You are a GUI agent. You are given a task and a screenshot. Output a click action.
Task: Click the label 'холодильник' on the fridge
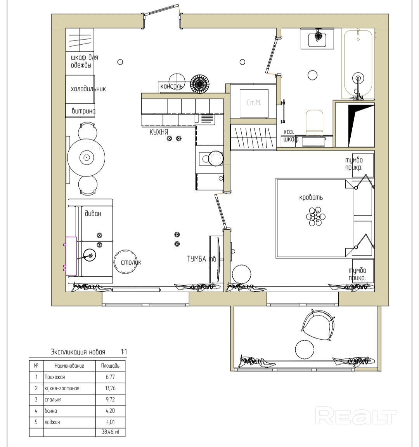(88, 89)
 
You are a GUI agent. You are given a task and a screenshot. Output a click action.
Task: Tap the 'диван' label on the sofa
(93, 213)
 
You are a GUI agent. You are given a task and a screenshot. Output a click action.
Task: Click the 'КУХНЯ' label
(159, 132)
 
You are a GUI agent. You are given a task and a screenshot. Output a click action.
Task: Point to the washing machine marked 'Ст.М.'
(254, 103)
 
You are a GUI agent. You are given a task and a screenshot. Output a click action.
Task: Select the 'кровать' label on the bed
(311, 197)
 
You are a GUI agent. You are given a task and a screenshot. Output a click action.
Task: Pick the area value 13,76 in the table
(110, 388)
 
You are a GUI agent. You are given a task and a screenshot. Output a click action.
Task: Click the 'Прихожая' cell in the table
(55, 377)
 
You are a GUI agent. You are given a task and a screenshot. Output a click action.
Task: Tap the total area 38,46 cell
(110, 432)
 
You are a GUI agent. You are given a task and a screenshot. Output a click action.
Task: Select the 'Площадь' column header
(110, 366)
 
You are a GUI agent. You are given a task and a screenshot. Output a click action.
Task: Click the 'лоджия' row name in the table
(52, 422)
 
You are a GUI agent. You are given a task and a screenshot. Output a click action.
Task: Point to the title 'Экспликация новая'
(78, 352)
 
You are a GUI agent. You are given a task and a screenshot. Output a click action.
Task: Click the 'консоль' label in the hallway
(171, 86)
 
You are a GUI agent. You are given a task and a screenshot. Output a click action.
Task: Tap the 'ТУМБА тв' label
(202, 259)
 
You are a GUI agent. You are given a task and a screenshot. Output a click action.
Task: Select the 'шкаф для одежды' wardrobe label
(85, 61)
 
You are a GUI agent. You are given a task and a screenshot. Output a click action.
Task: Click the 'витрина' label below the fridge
(83, 111)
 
